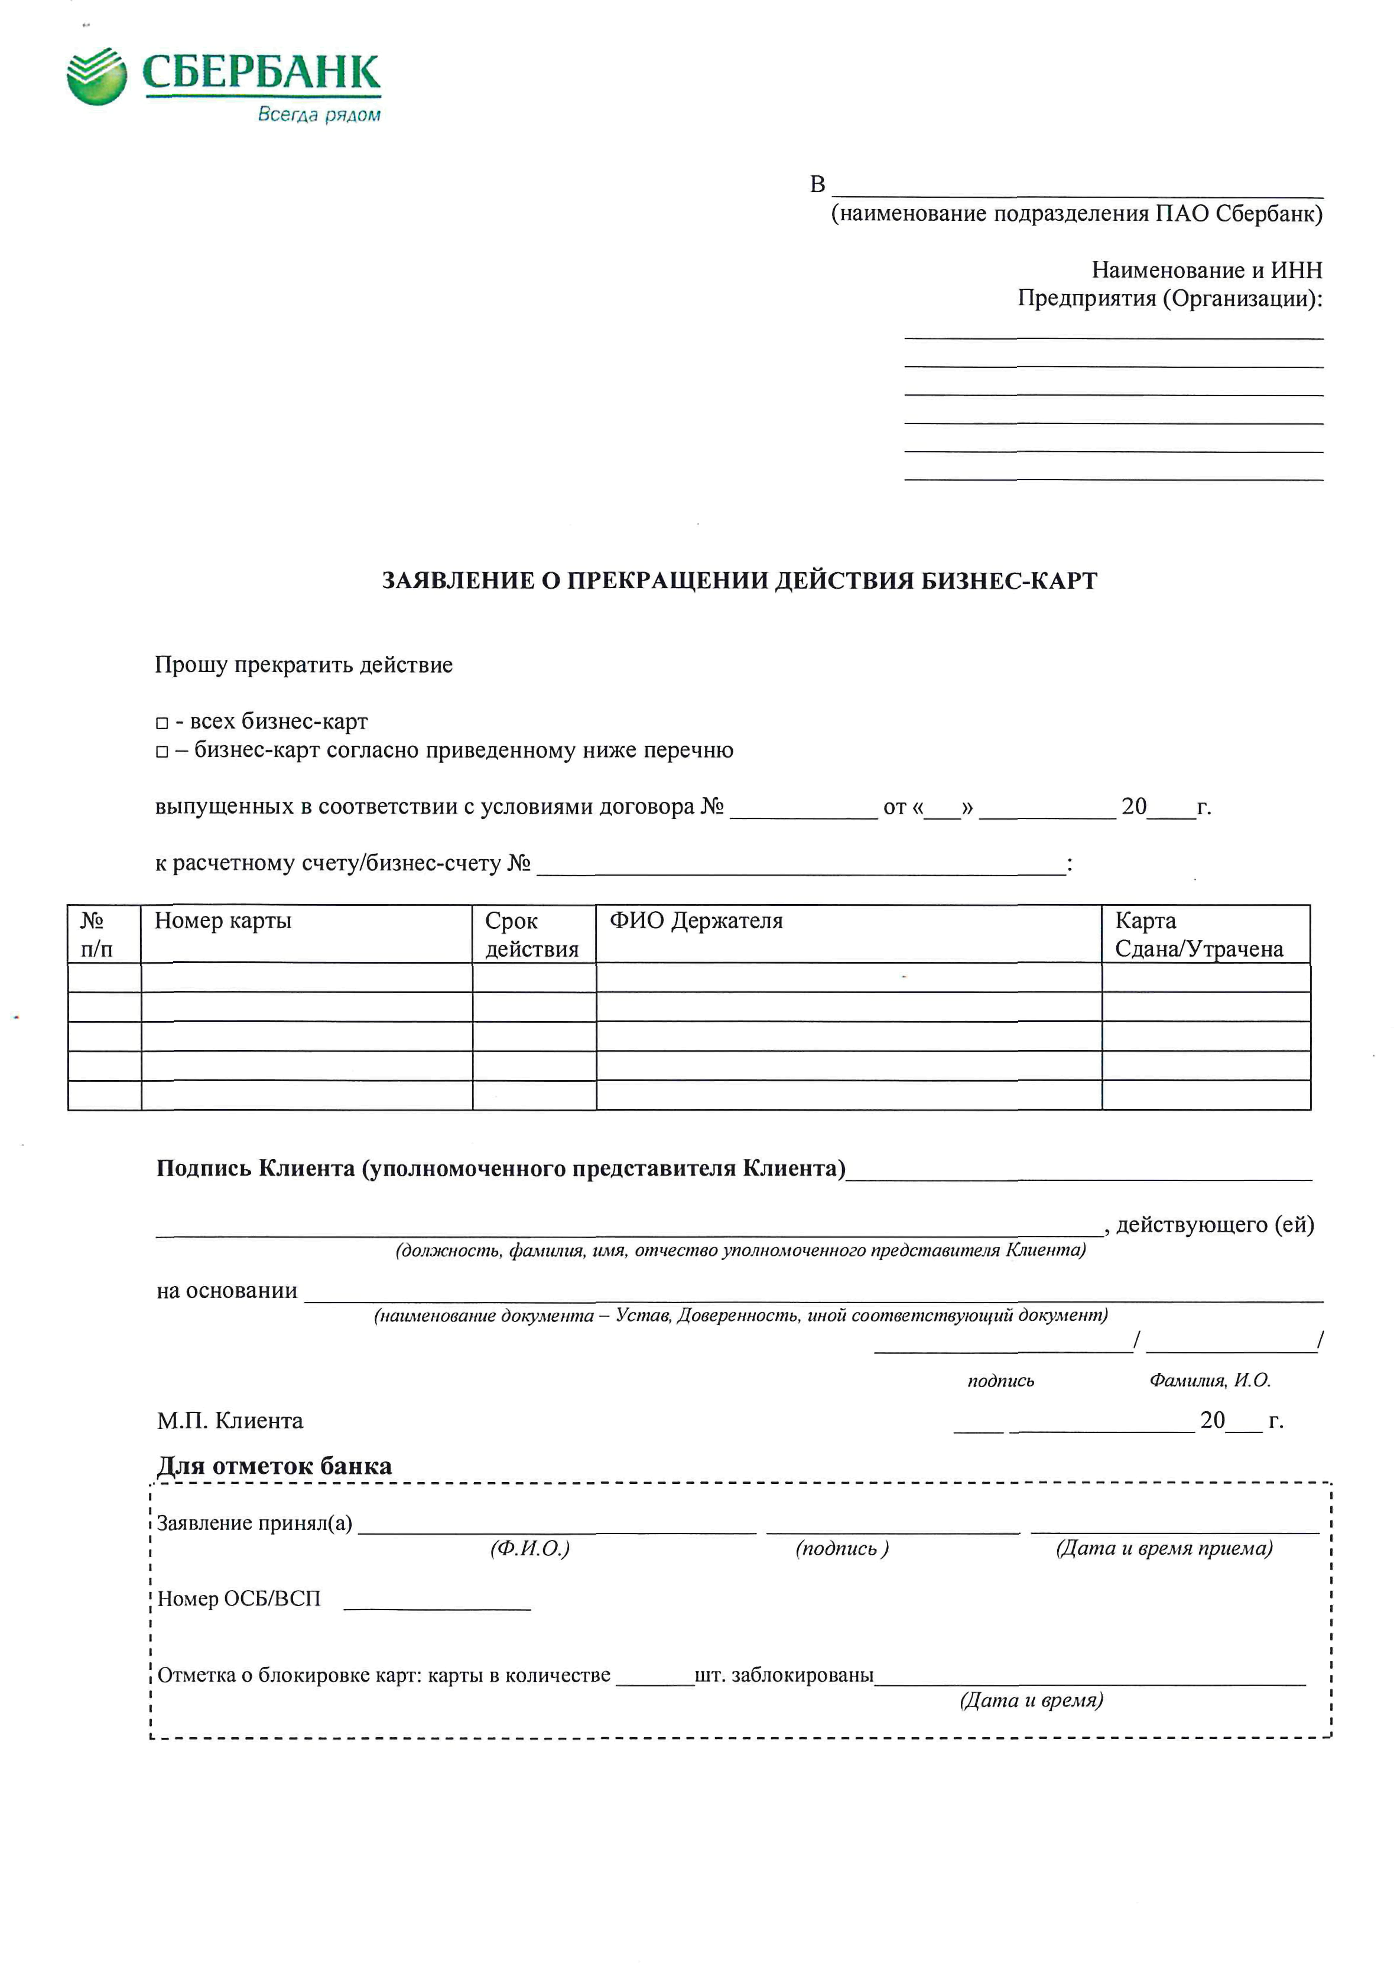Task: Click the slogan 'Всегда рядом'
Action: click(x=319, y=115)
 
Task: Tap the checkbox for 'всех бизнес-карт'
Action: click(x=161, y=724)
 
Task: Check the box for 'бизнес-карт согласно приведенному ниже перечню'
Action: click(x=161, y=752)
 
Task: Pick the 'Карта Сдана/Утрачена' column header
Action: click(x=1198, y=934)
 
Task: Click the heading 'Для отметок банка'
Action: click(x=274, y=1466)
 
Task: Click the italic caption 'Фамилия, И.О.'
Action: click(x=1210, y=1381)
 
